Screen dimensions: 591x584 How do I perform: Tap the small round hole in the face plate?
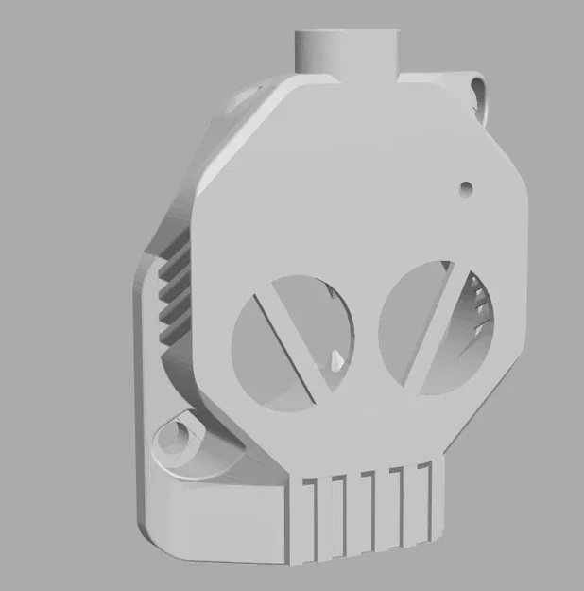point(466,187)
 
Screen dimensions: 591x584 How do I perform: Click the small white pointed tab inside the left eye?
point(337,360)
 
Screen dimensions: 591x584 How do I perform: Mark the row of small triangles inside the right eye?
point(479,306)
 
